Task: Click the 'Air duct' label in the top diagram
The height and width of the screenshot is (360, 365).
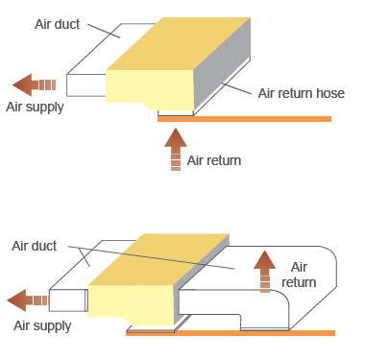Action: point(57,24)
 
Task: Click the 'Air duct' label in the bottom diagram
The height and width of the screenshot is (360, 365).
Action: point(34,246)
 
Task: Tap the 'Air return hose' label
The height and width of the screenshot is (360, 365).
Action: point(302,93)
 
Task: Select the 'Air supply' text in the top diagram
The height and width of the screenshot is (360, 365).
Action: point(35,108)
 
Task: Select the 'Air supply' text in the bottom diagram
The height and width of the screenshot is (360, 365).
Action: point(42,326)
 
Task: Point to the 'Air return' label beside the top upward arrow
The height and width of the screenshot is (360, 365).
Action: point(214,160)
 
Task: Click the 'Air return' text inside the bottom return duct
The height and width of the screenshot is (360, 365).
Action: point(299,275)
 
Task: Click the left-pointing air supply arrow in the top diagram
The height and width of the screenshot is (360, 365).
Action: point(34,84)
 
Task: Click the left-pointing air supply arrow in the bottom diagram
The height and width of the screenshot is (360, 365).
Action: point(27,300)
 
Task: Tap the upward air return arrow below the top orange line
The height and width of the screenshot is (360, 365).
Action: point(176,149)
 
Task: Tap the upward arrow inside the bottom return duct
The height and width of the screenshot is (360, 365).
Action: point(264,272)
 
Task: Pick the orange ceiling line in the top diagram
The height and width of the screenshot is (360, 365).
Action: point(244,119)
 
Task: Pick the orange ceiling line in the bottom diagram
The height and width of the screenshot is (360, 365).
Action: point(231,333)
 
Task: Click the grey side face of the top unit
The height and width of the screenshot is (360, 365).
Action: point(222,63)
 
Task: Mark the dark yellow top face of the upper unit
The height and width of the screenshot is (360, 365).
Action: point(179,43)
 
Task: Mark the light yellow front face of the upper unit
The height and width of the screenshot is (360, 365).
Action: point(150,88)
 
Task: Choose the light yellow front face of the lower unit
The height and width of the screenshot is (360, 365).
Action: point(131,303)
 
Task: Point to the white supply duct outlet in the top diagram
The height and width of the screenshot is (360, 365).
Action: point(86,85)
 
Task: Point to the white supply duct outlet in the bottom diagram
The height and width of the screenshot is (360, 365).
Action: point(68,300)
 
